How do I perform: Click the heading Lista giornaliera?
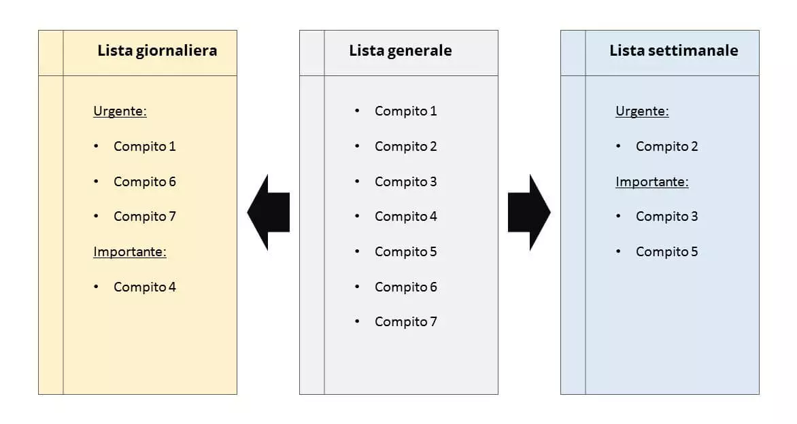[x=157, y=50]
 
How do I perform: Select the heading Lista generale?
[x=400, y=50]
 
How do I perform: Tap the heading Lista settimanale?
[x=673, y=50]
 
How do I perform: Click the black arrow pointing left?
[x=269, y=212]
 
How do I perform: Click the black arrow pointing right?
[x=528, y=212]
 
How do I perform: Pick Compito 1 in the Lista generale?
[x=405, y=111]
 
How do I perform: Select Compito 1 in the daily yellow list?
[x=144, y=146]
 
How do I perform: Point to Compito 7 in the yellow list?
[x=144, y=216]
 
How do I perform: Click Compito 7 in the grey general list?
[x=405, y=321]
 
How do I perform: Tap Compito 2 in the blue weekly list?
[x=666, y=146]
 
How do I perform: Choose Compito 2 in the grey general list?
[x=405, y=146]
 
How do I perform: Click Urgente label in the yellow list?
[x=120, y=111]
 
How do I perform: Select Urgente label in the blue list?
[x=642, y=111]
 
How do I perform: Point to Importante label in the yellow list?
[x=130, y=251]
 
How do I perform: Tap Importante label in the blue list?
[x=652, y=181]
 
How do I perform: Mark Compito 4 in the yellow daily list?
[x=144, y=287]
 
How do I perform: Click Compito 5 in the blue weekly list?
[x=666, y=251]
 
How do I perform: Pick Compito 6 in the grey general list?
[x=405, y=287]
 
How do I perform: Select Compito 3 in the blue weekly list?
[x=666, y=216]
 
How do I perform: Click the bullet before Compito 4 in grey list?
[x=357, y=216]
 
